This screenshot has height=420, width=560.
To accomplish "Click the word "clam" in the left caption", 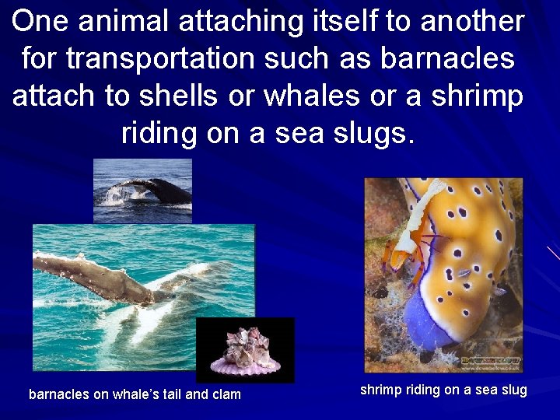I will tap(226, 394).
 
